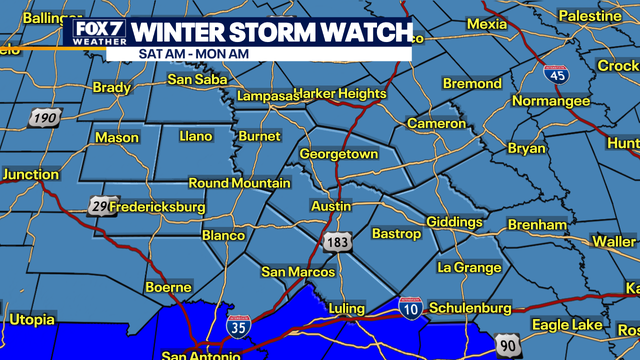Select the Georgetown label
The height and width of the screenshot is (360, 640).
click(x=340, y=156)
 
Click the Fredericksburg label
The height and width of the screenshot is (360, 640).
click(x=157, y=207)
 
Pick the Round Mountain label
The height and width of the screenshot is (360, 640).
click(x=240, y=184)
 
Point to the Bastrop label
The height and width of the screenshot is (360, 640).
click(x=396, y=234)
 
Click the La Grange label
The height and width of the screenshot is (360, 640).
click(x=470, y=267)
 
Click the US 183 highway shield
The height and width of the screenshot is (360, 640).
click(x=335, y=242)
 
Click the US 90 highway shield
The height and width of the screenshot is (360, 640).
click(x=508, y=344)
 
